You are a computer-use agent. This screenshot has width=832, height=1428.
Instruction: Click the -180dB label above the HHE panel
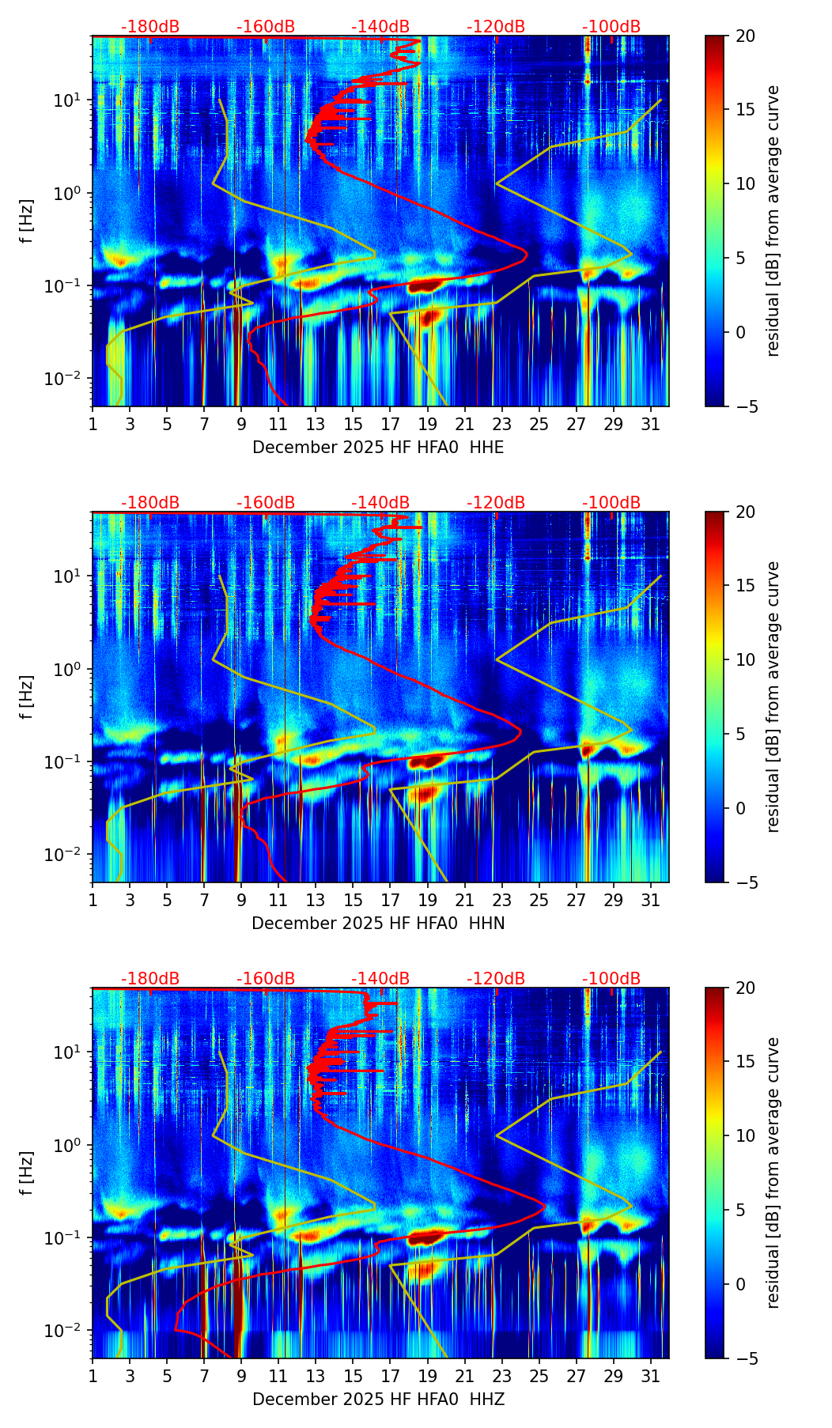click(150, 27)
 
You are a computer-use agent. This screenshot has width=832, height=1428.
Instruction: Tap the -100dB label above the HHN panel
click(611, 503)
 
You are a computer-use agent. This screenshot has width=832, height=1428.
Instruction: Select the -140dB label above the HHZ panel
click(380, 979)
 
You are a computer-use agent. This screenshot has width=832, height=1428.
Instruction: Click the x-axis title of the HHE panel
click(378, 448)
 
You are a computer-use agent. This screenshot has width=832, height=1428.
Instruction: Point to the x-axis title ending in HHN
click(378, 924)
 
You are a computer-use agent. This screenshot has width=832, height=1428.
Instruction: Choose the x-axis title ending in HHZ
click(378, 1400)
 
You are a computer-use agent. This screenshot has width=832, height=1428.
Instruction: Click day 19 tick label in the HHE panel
click(427, 424)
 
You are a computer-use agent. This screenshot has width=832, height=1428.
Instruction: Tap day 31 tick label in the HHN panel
click(651, 900)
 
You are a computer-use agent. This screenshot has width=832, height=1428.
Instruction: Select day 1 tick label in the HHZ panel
click(93, 1376)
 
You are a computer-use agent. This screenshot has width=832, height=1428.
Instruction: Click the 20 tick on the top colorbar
click(744, 36)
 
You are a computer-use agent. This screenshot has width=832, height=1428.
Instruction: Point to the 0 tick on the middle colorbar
click(740, 808)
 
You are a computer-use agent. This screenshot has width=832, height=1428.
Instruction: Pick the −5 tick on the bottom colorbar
click(744, 1358)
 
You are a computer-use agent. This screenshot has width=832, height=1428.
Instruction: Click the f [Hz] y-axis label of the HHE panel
click(27, 221)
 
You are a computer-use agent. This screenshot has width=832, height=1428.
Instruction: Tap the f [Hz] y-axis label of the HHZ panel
click(27, 1173)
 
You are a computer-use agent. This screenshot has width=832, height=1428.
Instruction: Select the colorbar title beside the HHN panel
click(773, 697)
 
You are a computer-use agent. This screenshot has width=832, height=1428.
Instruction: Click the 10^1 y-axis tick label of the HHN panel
click(70, 576)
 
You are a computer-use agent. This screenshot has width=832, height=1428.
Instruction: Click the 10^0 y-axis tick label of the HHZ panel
click(70, 1146)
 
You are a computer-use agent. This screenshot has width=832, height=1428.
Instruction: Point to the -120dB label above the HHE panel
click(496, 27)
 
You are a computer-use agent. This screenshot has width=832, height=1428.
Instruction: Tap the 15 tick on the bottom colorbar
click(744, 1062)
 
